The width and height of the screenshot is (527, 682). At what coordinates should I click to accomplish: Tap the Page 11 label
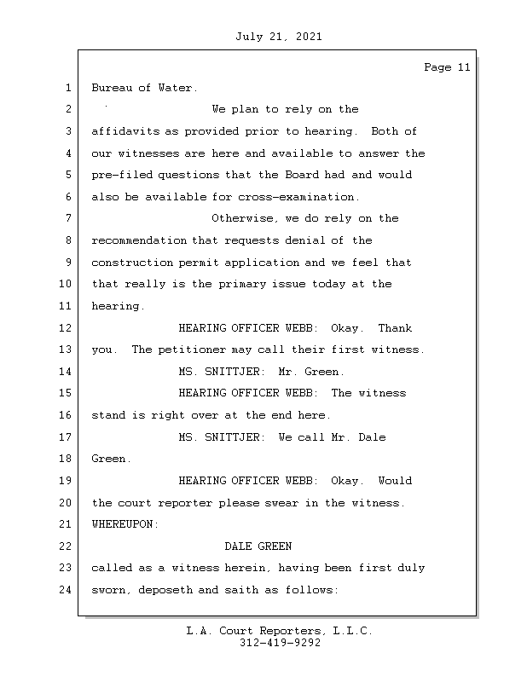coord(447,67)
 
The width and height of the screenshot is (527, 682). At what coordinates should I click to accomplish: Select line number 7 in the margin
coord(67,219)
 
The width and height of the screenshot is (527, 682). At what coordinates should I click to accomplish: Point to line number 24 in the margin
coord(67,590)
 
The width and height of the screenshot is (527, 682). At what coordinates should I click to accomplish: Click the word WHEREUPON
coord(125,525)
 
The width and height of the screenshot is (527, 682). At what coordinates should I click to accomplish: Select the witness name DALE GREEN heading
coord(258,546)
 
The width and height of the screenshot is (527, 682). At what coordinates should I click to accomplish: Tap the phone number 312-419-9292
coord(280,644)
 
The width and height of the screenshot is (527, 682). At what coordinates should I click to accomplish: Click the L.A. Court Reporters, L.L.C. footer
coord(280,632)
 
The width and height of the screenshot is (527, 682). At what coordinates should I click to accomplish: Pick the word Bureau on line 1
coord(111,88)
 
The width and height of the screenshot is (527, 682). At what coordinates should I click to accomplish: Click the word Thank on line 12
coord(395,328)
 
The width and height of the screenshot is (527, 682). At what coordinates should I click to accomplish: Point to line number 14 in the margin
coord(67,372)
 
